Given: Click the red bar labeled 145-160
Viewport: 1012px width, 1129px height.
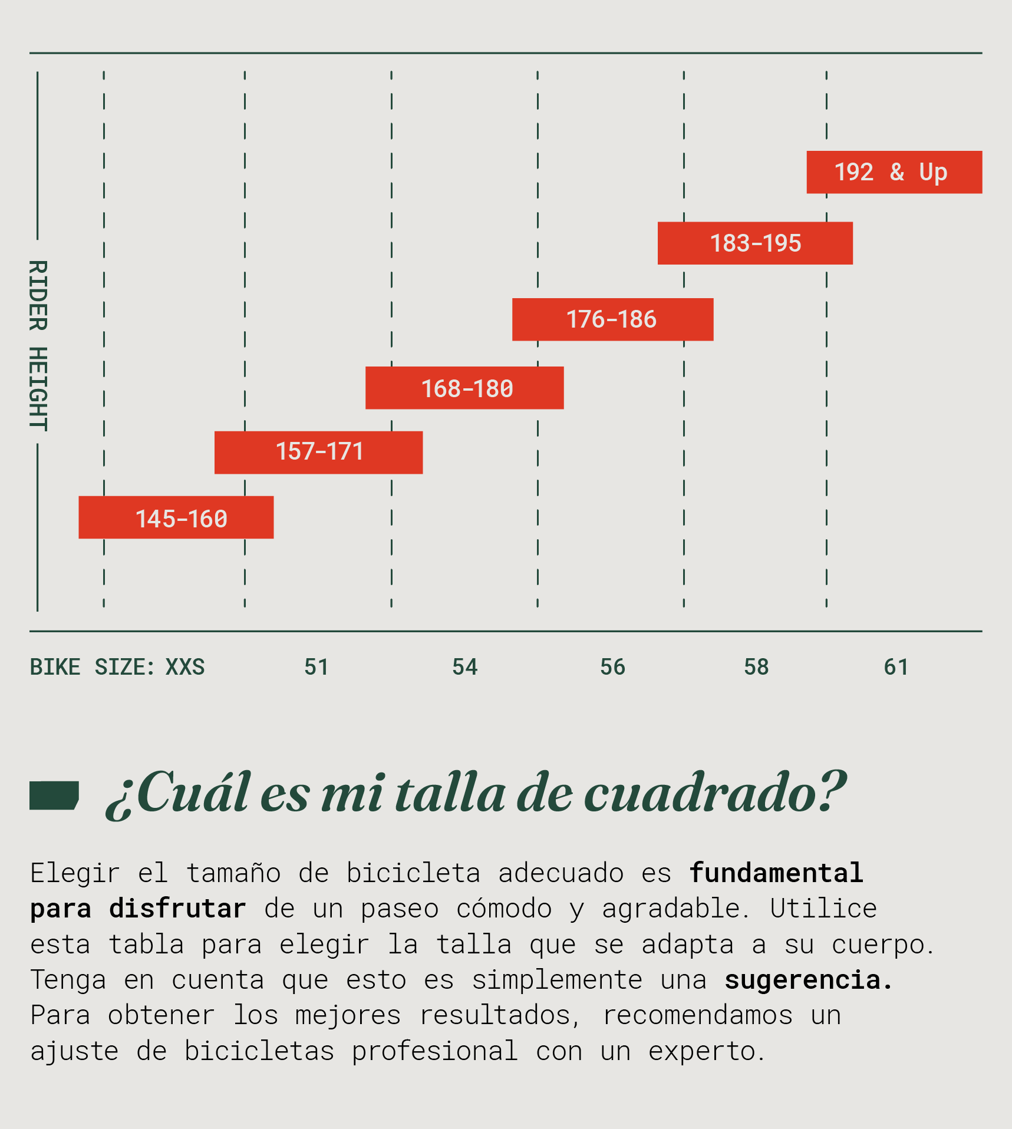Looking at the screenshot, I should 176,517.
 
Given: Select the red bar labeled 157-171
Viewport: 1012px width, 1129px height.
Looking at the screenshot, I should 318,453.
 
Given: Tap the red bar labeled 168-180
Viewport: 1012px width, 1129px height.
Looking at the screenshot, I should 464,388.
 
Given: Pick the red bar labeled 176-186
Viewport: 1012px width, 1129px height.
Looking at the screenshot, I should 612,319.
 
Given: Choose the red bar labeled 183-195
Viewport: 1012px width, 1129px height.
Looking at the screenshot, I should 755,243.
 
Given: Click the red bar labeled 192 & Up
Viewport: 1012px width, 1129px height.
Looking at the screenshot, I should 894,172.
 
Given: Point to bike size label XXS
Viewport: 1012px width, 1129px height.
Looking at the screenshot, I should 185,667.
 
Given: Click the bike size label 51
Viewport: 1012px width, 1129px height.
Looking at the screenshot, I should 317,667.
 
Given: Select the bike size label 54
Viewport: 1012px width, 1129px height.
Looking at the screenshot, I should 464,667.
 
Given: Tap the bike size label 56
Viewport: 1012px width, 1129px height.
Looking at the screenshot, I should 612,667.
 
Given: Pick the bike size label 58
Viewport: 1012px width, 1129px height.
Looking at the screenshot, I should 756,667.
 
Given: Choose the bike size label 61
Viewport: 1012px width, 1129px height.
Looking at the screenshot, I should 896,667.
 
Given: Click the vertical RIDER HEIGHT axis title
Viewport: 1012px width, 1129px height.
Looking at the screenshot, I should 38,345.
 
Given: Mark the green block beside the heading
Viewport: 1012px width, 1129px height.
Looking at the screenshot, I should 54,795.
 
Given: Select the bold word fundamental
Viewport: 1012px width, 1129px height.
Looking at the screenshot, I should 776,873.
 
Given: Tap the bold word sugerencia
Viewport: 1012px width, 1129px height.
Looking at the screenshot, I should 808,980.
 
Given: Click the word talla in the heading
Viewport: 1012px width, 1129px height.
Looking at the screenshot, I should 450,794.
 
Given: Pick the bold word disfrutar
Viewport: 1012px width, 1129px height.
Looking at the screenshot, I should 177,909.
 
